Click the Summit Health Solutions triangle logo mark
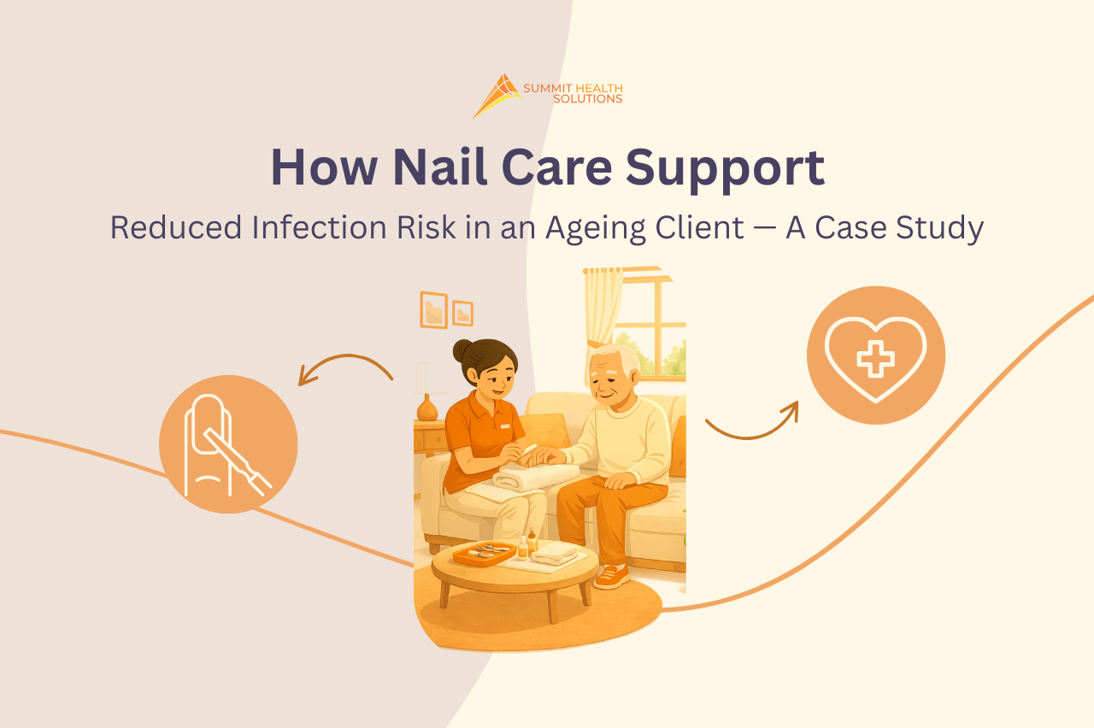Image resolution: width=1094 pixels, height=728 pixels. pyautogui.click(x=497, y=95)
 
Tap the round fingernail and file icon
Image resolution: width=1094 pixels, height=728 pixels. pyautogui.click(x=228, y=444)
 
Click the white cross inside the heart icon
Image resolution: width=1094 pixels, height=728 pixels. pyautogui.click(x=875, y=357)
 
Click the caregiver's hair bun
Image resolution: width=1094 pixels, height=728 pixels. pyautogui.click(x=463, y=350)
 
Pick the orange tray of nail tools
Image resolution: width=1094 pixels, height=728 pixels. pyautogui.click(x=484, y=554)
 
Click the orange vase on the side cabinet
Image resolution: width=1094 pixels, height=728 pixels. pyautogui.click(x=427, y=408)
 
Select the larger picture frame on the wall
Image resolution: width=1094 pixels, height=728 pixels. pyautogui.click(x=433, y=309)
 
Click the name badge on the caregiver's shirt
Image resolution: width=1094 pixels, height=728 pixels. pyautogui.click(x=505, y=426)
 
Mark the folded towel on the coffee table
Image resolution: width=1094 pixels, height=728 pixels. pyautogui.click(x=555, y=553)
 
